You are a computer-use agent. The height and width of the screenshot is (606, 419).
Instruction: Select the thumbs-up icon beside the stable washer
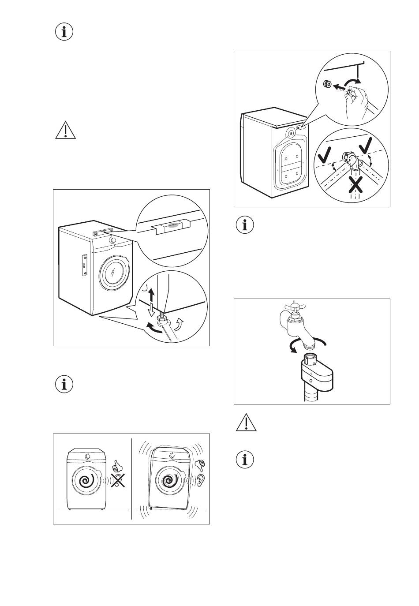(117, 465)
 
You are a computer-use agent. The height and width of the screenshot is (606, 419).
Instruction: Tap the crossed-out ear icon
(117, 481)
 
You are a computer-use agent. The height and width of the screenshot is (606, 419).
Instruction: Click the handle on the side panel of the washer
(83, 266)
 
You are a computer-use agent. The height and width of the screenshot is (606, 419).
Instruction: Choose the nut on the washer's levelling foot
(161, 318)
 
